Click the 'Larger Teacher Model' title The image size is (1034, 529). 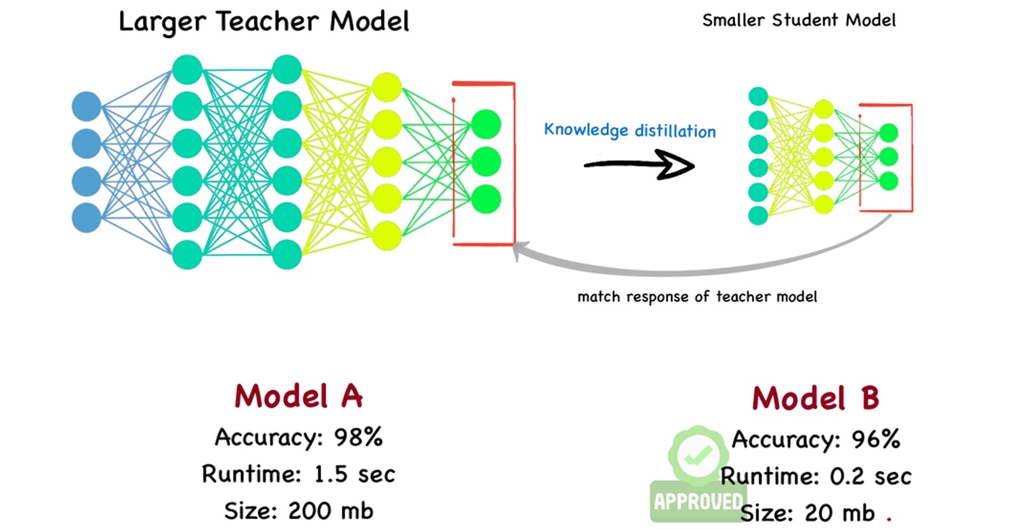pyautogui.click(x=264, y=22)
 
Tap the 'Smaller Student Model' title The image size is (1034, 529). pyautogui.click(x=798, y=20)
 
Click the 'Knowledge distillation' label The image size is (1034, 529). pyautogui.click(x=629, y=130)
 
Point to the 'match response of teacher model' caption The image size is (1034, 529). pyautogui.click(x=697, y=297)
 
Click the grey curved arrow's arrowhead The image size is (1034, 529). pyautogui.click(x=518, y=251)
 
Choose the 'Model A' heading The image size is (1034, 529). pyautogui.click(x=298, y=396)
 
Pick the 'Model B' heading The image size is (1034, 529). pyautogui.click(x=815, y=399)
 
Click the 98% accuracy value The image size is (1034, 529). pyautogui.click(x=358, y=438)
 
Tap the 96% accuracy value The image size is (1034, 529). pyautogui.click(x=876, y=440)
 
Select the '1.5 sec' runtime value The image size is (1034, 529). pyautogui.click(x=354, y=475)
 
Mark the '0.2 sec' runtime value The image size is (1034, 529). pyautogui.click(x=871, y=477)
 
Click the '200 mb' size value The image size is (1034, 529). pyautogui.click(x=330, y=511)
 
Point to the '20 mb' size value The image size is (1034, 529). pyautogui.click(x=839, y=513)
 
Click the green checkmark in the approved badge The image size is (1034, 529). pyautogui.click(x=698, y=455)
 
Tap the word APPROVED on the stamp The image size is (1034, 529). pyautogui.click(x=698, y=502)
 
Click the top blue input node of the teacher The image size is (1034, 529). pyautogui.click(x=87, y=107)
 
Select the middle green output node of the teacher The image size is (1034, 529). pyautogui.click(x=486, y=161)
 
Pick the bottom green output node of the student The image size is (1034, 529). pyautogui.click(x=888, y=181)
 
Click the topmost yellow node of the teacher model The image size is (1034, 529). pyautogui.click(x=387, y=87)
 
